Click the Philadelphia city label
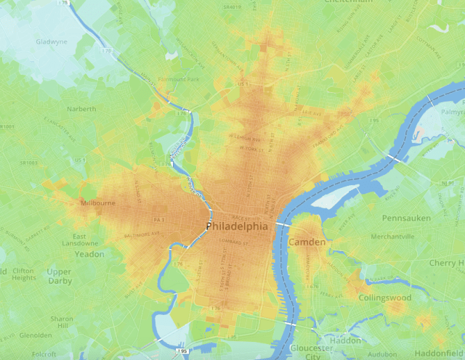coord(237,227)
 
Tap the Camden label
coord(307,242)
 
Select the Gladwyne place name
coord(51,41)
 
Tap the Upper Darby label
coord(59,277)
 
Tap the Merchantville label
coord(392,237)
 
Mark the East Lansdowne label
coord(90,241)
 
